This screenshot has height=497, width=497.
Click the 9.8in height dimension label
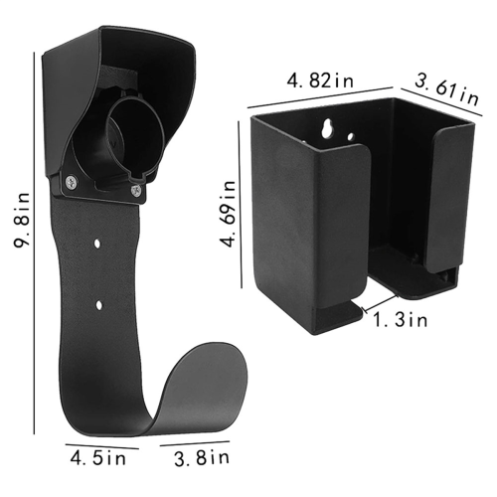click(x=22, y=219)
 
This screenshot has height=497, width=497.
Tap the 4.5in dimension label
click(x=98, y=459)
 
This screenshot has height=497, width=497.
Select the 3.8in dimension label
click(x=202, y=458)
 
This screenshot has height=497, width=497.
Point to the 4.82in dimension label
click(x=320, y=81)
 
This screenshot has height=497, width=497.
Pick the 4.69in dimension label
click(x=229, y=214)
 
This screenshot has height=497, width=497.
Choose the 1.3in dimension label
click(x=401, y=320)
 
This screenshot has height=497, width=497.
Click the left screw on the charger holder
click(x=72, y=181)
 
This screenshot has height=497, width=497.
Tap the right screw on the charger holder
click(x=136, y=190)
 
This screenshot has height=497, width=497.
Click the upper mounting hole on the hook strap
click(x=96, y=244)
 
